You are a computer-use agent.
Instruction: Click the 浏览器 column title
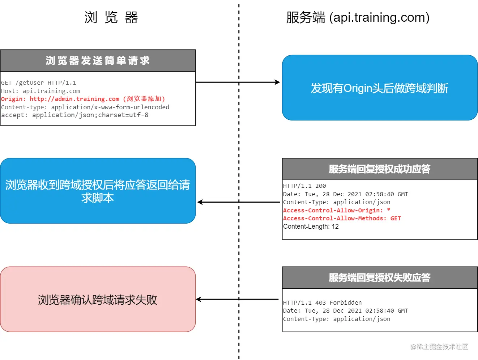click(x=111, y=17)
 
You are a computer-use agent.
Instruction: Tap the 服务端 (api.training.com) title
click(x=358, y=17)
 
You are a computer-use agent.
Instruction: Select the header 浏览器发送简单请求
click(x=98, y=60)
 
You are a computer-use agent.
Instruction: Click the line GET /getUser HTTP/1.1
click(x=39, y=83)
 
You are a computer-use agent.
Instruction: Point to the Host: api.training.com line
click(x=40, y=91)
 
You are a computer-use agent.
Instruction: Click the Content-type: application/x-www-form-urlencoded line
click(x=85, y=107)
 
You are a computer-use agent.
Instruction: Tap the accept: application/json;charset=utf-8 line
click(x=75, y=115)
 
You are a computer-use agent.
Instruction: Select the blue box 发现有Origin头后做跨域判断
click(x=380, y=88)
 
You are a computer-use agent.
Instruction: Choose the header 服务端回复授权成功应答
click(x=380, y=169)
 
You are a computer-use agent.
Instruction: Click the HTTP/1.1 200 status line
click(x=304, y=186)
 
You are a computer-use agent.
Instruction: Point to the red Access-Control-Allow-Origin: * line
click(x=337, y=211)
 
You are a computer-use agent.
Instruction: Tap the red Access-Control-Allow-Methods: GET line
click(x=342, y=219)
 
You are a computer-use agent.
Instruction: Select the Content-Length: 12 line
click(x=311, y=226)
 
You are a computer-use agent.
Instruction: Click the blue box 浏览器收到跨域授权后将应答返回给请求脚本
click(x=98, y=191)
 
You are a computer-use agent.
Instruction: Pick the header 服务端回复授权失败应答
click(x=380, y=278)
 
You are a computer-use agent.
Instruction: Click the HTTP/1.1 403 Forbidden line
click(x=322, y=302)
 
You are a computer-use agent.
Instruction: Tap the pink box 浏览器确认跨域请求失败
click(x=98, y=300)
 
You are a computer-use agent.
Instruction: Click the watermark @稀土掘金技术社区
click(x=439, y=347)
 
